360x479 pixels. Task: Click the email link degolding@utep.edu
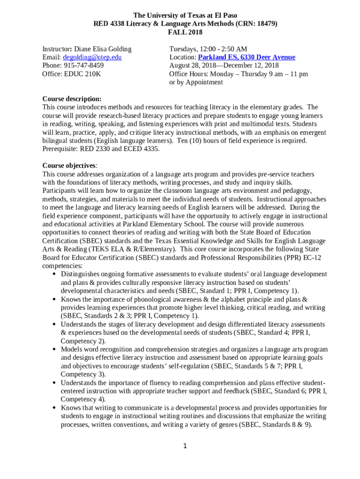point(92,57)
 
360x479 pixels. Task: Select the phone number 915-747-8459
point(84,65)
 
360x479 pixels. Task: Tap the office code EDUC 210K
point(82,74)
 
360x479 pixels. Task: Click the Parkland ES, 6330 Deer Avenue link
point(247,57)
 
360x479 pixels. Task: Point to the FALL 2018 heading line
point(185,32)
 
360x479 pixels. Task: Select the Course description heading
point(72,99)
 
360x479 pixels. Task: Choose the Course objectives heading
point(70,166)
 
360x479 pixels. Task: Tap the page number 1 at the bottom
point(185,446)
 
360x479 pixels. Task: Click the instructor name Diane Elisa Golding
point(103,49)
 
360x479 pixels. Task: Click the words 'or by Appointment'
point(196,82)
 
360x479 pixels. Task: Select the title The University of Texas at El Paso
point(185,15)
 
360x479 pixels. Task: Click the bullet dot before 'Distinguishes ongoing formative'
point(55,274)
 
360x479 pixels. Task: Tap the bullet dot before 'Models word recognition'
point(55,349)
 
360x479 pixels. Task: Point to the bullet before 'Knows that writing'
point(55,408)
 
